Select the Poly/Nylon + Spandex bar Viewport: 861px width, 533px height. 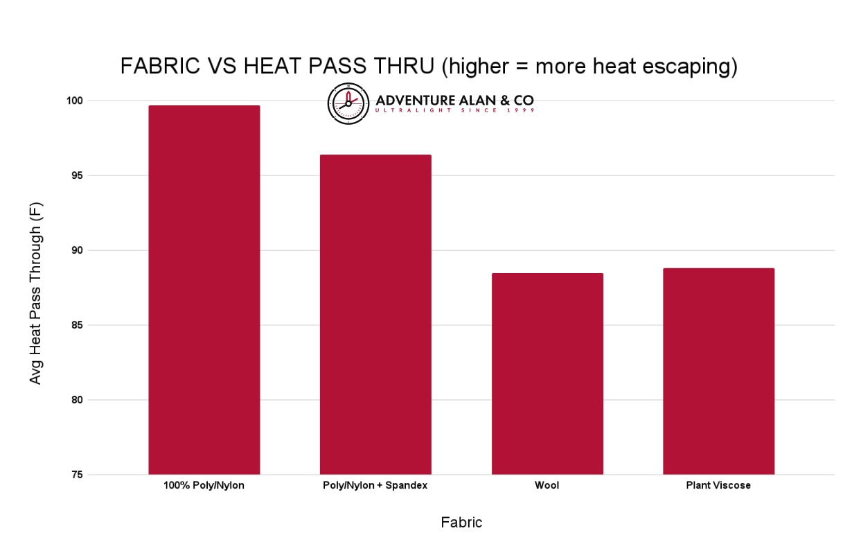tap(375, 315)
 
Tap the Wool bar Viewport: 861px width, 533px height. tap(547, 374)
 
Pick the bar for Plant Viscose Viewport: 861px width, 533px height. tap(718, 372)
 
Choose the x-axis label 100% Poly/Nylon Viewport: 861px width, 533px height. tap(204, 486)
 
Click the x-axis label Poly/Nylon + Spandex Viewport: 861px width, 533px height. tap(375, 486)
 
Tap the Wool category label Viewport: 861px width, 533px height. tap(547, 486)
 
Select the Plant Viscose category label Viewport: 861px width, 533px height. tap(718, 486)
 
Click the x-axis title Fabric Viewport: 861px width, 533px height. tap(461, 523)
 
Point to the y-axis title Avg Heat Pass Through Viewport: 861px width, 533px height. tap(36, 293)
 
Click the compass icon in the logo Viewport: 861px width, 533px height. tap(348, 103)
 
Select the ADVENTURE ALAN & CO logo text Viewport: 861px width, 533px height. tap(454, 101)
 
